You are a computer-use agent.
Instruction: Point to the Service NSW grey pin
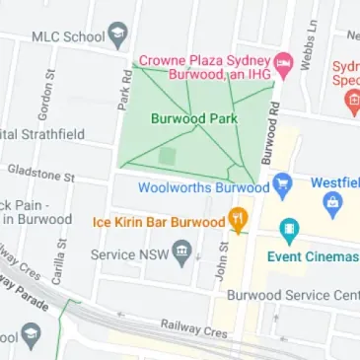[181, 253]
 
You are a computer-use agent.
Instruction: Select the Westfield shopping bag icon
[332, 203]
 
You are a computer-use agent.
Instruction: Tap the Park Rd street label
[125, 88]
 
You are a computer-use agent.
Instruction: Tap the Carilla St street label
[58, 262]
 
